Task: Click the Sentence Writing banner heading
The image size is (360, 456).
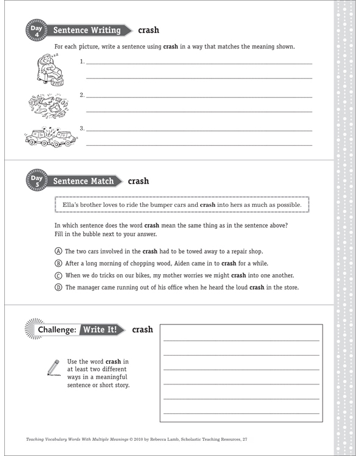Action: (86, 30)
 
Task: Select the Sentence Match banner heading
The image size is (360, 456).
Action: (83, 181)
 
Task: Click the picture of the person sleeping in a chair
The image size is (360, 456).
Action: (46, 69)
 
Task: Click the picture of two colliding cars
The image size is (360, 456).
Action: (51, 136)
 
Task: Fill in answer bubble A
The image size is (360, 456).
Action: (58, 252)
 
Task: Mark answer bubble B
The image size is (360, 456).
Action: (58, 263)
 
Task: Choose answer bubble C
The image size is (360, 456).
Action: (58, 275)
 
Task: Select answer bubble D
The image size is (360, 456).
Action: (58, 287)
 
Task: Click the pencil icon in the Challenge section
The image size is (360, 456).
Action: (53, 367)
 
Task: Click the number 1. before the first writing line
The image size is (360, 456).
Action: (82, 62)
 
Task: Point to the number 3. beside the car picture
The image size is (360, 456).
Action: (82, 129)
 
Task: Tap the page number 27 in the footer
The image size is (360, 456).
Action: (245, 439)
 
